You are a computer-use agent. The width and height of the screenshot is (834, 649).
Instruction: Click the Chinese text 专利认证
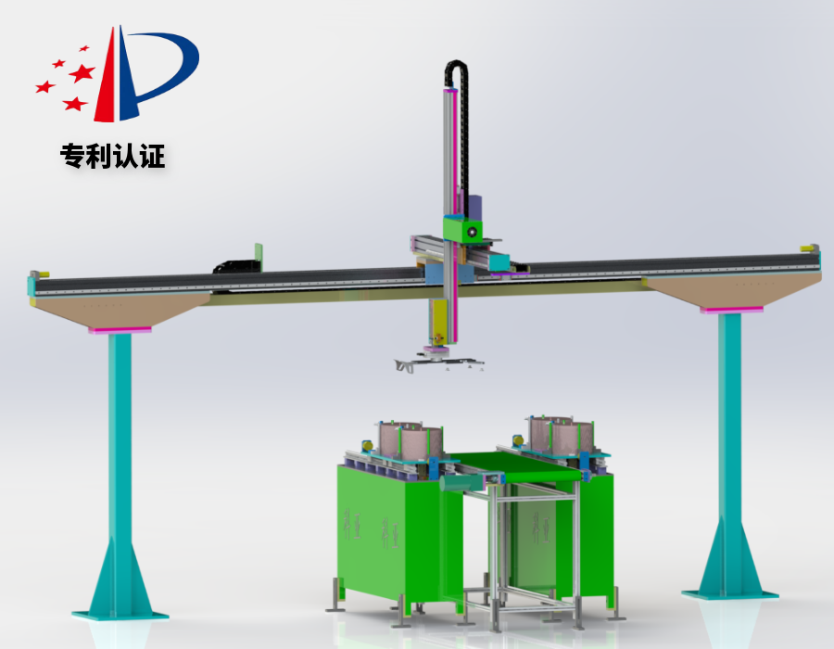click(x=112, y=156)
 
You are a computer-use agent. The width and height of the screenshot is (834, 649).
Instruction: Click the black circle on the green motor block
click(x=471, y=232)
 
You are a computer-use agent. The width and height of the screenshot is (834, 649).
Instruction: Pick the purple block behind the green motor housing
click(x=474, y=208)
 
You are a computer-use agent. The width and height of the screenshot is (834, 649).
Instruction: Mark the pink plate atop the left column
click(x=120, y=330)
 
